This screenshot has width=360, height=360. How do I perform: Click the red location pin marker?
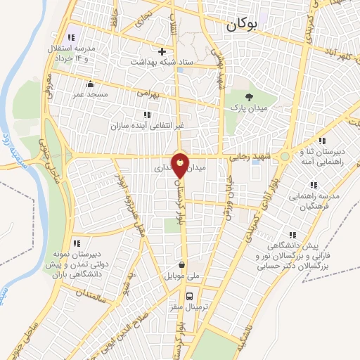(x=181, y=165)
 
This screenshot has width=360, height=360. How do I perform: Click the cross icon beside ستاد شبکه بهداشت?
(x=162, y=51)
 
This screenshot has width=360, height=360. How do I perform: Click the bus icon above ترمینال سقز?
(x=189, y=295)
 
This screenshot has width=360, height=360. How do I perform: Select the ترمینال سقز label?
(x=185, y=307)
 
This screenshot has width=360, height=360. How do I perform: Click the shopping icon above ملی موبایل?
(x=183, y=265)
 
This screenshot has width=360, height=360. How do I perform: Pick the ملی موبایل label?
(x=182, y=276)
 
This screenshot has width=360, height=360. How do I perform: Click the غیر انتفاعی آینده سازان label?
(x=146, y=126)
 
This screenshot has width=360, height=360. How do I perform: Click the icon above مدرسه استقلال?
(x=70, y=37)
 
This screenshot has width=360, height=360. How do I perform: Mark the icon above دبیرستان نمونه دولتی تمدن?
(x=76, y=243)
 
